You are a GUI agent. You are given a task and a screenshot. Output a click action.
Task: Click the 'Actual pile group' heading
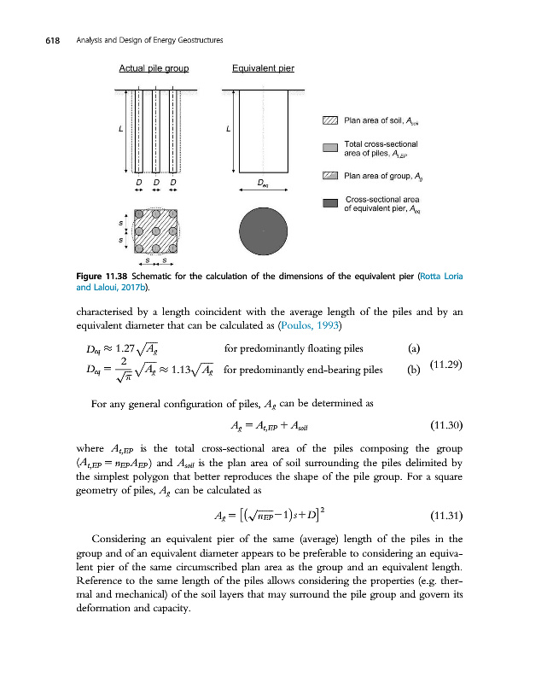pos(154,67)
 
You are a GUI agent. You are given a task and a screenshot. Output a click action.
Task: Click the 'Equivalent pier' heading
pos(263,67)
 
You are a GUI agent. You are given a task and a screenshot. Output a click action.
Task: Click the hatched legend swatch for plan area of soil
pos(331,120)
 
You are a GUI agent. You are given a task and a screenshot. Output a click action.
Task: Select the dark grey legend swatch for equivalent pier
pos(331,202)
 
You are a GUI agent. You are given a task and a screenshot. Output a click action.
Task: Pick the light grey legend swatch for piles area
pos(331,149)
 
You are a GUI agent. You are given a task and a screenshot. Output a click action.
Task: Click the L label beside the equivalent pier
pos(228,129)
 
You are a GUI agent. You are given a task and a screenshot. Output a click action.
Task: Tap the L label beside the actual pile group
pos(119,129)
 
